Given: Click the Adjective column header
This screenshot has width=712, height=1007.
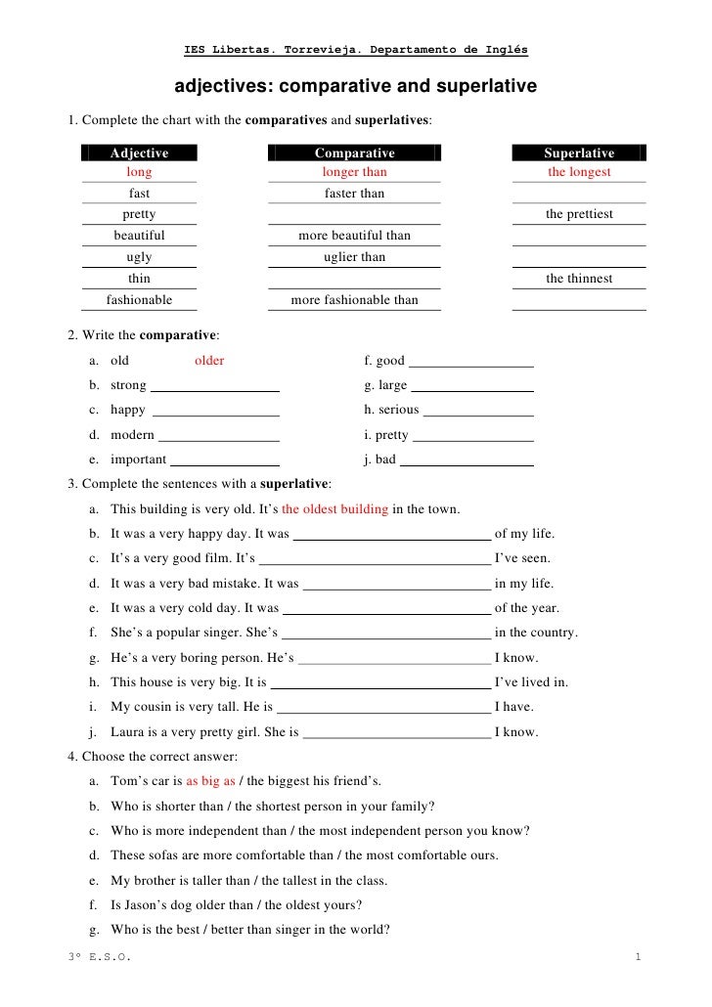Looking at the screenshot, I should pos(139,153).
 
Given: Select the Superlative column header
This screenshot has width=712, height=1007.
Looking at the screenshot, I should pos(579,153).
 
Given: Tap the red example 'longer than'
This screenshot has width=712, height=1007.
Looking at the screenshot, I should pos(354,172).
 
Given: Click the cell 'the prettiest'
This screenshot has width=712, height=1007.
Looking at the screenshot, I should pos(579,214).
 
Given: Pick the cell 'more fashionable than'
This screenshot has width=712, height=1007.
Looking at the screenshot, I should pos(354,300).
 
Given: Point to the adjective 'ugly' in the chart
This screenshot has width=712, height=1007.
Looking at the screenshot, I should pos(139,257).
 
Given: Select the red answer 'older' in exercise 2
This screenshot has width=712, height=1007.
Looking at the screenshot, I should pos(209,361).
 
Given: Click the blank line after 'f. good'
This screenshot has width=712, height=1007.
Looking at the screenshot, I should pos(470,362).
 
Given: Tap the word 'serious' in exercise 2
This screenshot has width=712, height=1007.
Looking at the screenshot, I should pos(399,410).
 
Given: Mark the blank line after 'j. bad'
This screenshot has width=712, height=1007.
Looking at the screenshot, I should pos(467,461).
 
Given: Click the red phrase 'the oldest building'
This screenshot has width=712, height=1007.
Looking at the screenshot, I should pos(334,509).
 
